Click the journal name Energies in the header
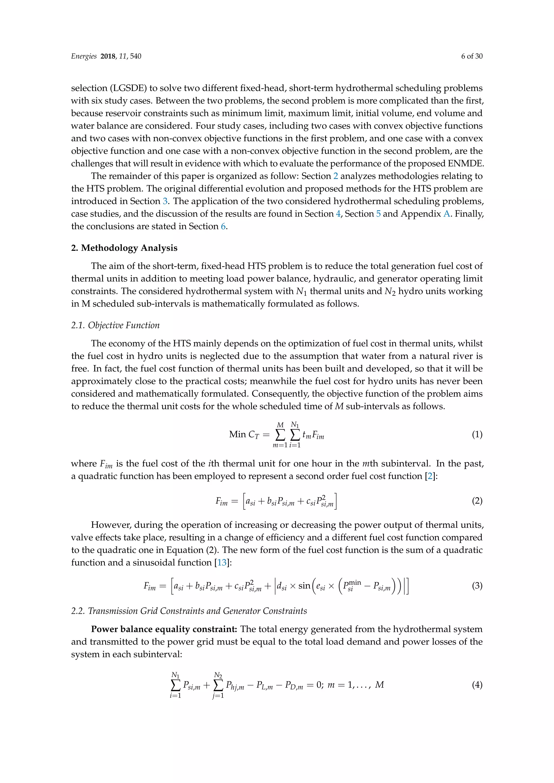[84, 56]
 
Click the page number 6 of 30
[471, 56]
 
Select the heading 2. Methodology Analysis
[124, 248]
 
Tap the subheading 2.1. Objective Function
[115, 325]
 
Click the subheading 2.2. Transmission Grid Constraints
[189, 611]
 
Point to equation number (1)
[477, 434]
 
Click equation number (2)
[477, 501]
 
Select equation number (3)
[477, 586]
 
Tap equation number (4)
[477, 685]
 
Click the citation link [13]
[222, 562]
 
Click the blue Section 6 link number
[223, 227]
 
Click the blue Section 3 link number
[165, 201]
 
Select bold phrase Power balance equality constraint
[164, 629]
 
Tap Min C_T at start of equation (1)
[244, 434]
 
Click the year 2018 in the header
[108, 56]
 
